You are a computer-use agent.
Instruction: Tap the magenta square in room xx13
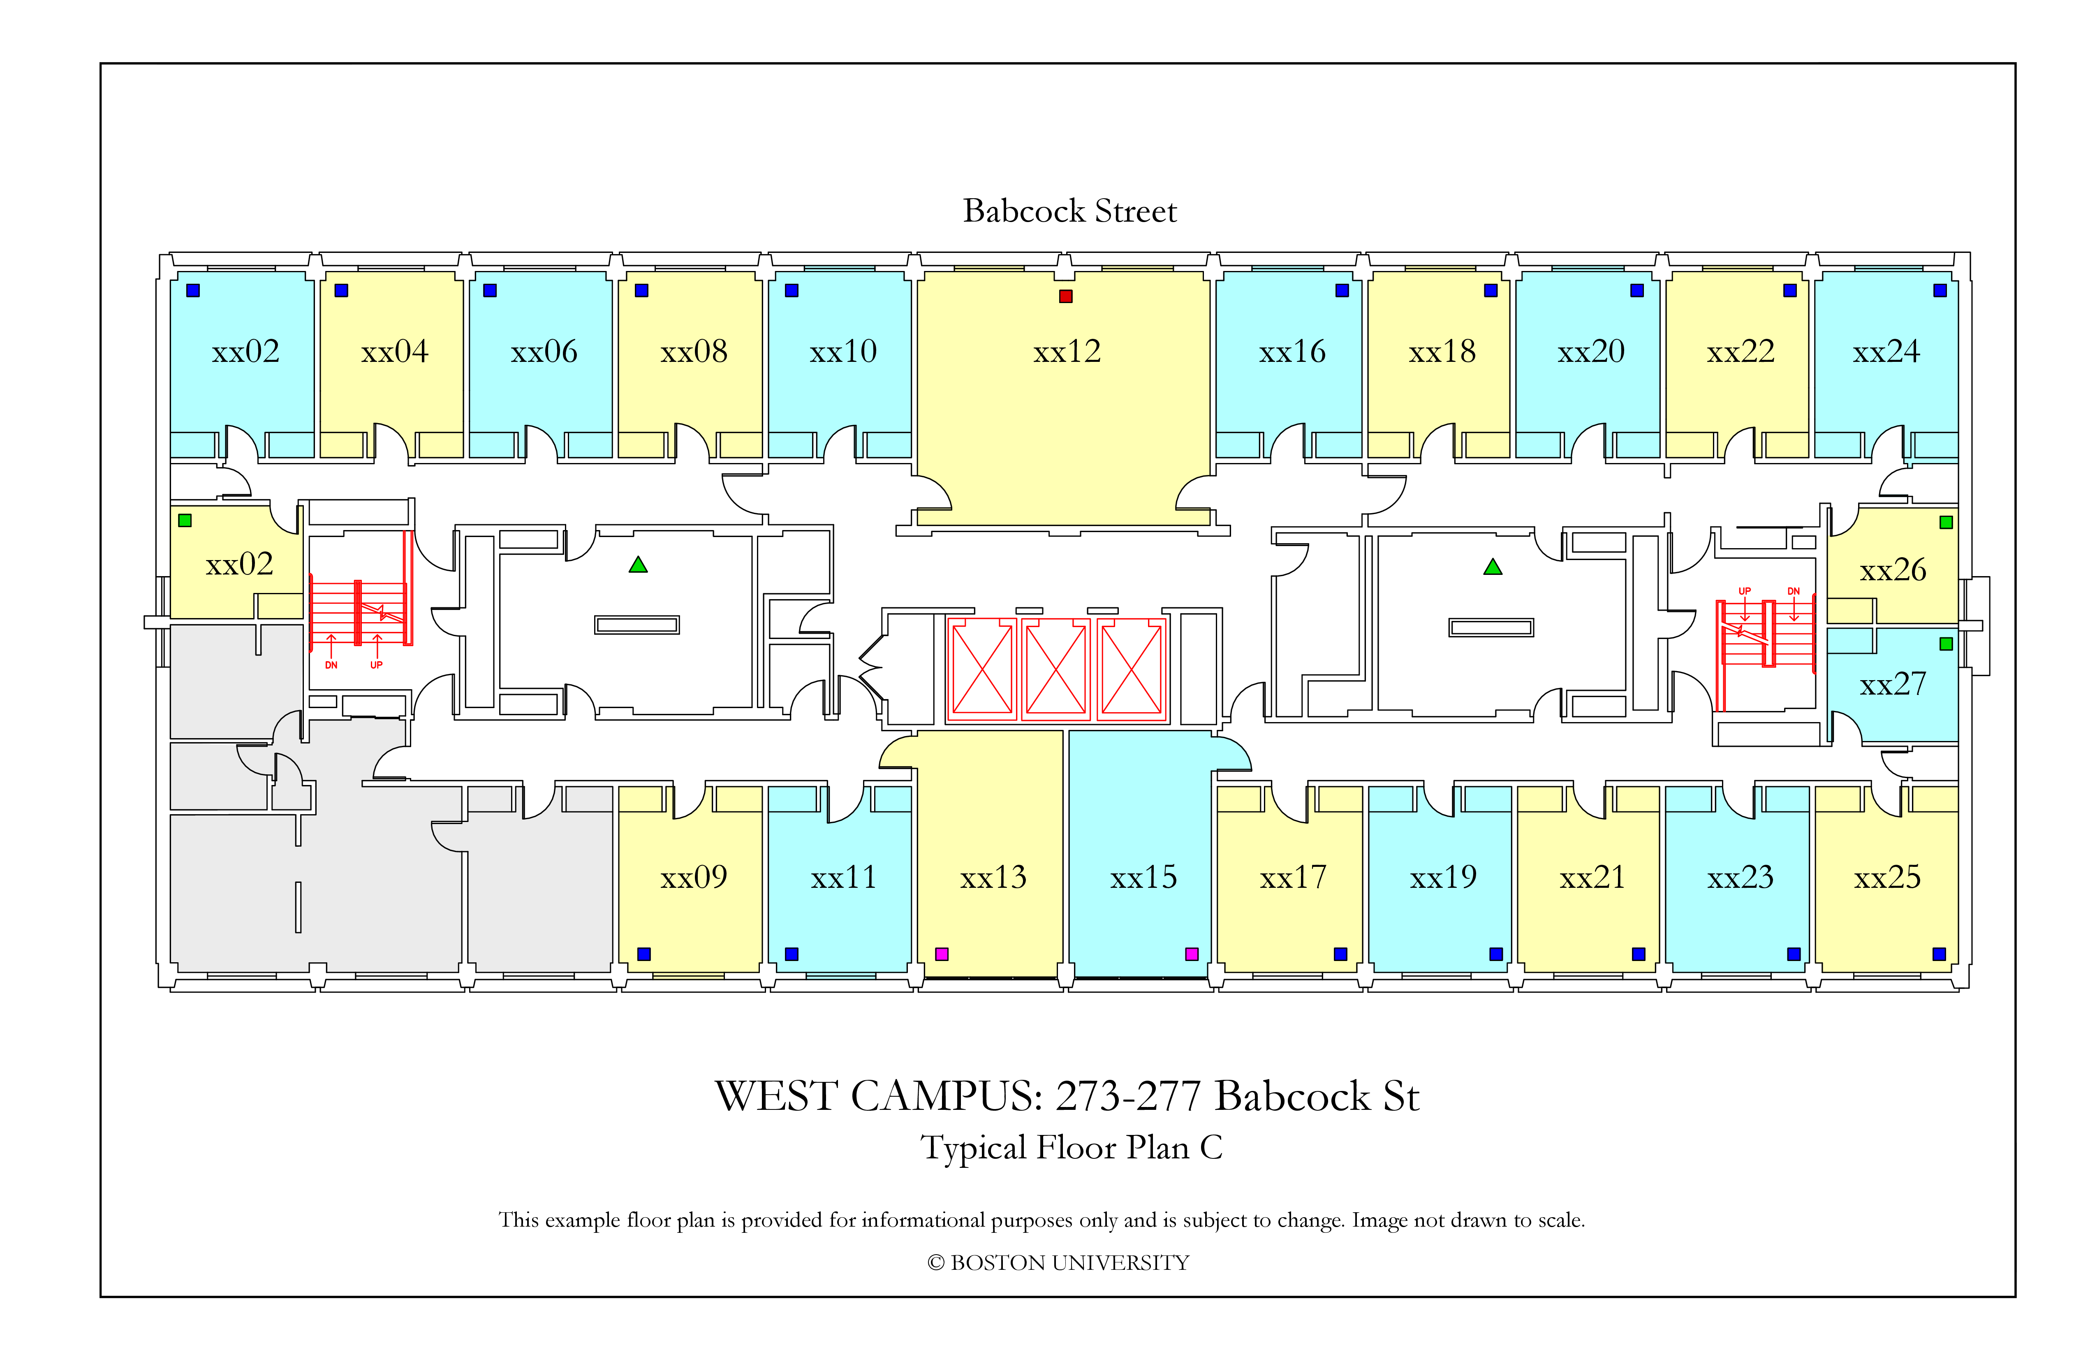click(942, 954)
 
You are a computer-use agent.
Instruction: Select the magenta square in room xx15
click(1192, 954)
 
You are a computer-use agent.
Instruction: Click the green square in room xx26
click(1947, 523)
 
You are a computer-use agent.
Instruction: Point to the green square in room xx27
click(1947, 644)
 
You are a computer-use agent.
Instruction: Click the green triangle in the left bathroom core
click(638, 565)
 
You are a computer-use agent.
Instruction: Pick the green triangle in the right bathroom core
click(1493, 567)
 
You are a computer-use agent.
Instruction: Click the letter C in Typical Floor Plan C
click(1211, 1147)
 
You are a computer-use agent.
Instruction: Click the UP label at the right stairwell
click(1745, 591)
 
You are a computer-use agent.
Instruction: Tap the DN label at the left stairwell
click(331, 665)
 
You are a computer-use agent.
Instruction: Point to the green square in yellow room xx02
click(185, 521)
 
